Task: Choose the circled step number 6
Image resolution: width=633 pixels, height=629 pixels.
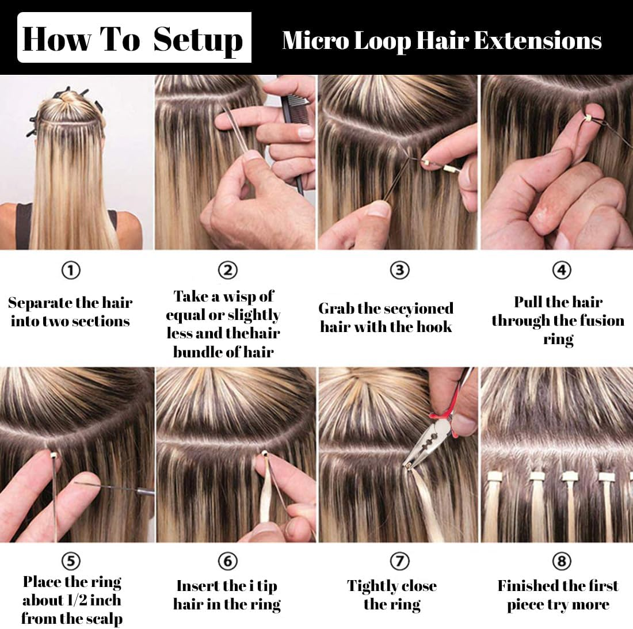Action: click(228, 561)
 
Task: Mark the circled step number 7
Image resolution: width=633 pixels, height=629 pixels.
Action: click(399, 561)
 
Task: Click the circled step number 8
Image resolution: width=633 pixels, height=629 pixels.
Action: click(562, 561)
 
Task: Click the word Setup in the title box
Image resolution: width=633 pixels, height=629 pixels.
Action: click(198, 40)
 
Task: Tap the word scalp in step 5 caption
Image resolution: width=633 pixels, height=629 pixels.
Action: click(103, 619)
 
